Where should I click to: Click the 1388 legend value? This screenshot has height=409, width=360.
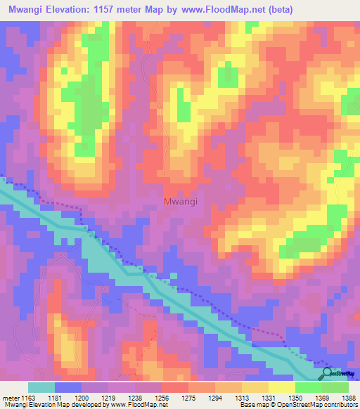[x=347, y=397]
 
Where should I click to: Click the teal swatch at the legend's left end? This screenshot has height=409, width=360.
[x=41, y=387]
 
